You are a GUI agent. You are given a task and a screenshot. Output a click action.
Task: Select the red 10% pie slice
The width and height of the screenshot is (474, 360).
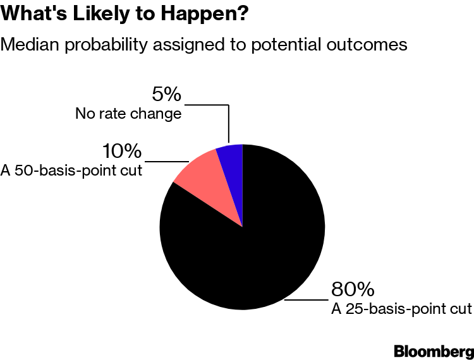[x=209, y=181]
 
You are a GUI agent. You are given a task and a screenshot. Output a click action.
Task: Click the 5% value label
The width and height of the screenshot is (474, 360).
[x=166, y=94]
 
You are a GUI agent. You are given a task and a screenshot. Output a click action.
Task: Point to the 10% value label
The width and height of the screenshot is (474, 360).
[x=122, y=151]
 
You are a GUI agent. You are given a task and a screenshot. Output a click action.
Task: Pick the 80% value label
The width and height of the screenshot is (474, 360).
[x=353, y=289]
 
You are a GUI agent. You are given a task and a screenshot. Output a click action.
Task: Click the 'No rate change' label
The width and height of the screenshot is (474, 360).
[x=128, y=114]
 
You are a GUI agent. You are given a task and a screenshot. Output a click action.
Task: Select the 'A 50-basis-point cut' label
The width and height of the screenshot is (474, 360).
[x=71, y=171]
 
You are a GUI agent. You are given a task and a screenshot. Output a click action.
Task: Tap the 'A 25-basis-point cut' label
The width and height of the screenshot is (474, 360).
[x=401, y=309]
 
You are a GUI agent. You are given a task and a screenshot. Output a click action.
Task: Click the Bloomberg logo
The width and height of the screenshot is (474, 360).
[x=434, y=352]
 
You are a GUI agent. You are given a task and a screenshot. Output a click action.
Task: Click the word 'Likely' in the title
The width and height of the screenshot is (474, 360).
[x=101, y=14]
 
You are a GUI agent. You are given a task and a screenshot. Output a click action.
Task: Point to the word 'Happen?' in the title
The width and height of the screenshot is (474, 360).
[x=204, y=14]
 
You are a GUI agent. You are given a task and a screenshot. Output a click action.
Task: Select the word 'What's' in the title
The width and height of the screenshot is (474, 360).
[x=33, y=13]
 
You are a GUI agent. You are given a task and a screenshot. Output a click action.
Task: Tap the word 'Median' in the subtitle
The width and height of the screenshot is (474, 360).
[x=30, y=44]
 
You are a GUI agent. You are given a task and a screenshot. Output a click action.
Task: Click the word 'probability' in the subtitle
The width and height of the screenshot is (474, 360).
[x=106, y=45]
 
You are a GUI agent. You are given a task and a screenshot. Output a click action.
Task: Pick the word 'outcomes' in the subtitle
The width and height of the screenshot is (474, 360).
[x=367, y=45]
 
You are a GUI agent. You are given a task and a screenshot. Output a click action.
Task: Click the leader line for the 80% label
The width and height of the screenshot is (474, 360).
[x=307, y=300]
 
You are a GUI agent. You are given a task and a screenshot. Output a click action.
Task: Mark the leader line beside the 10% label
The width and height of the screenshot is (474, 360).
[x=167, y=162]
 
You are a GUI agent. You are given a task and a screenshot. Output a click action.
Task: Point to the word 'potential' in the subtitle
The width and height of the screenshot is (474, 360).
[x=286, y=45]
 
